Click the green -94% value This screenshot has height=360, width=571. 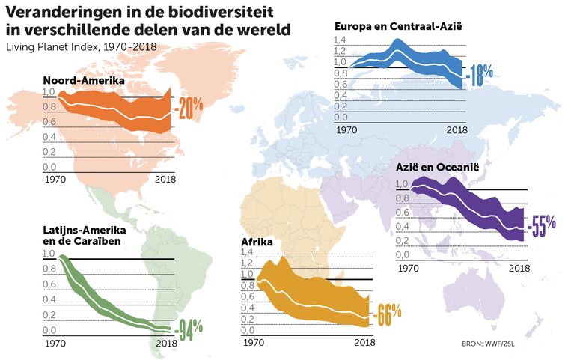click(x=188, y=330)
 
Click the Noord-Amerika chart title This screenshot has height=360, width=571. click(x=83, y=80)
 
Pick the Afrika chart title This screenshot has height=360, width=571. click(x=257, y=242)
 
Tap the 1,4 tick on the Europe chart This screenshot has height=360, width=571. click(x=341, y=40)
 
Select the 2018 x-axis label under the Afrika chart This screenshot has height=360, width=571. click(x=364, y=343)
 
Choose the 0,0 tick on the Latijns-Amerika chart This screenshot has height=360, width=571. click(x=49, y=330)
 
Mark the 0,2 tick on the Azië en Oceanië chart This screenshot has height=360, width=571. click(x=401, y=240)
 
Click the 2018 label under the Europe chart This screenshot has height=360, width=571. click(x=456, y=129)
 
